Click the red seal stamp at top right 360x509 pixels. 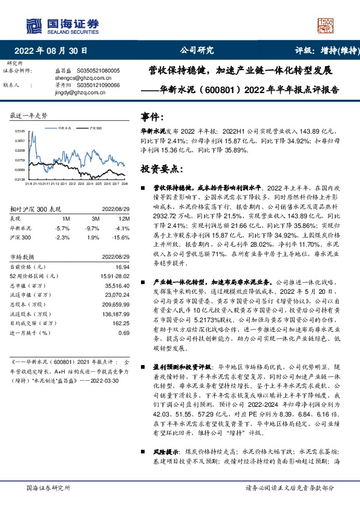(x=327, y=24)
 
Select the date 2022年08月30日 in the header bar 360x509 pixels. (x=54, y=51)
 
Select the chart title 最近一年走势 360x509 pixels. (x=29, y=115)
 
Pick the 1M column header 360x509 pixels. (x=66, y=218)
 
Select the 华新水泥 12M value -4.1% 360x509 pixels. (x=123, y=229)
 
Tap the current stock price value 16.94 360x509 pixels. (x=122, y=266)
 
